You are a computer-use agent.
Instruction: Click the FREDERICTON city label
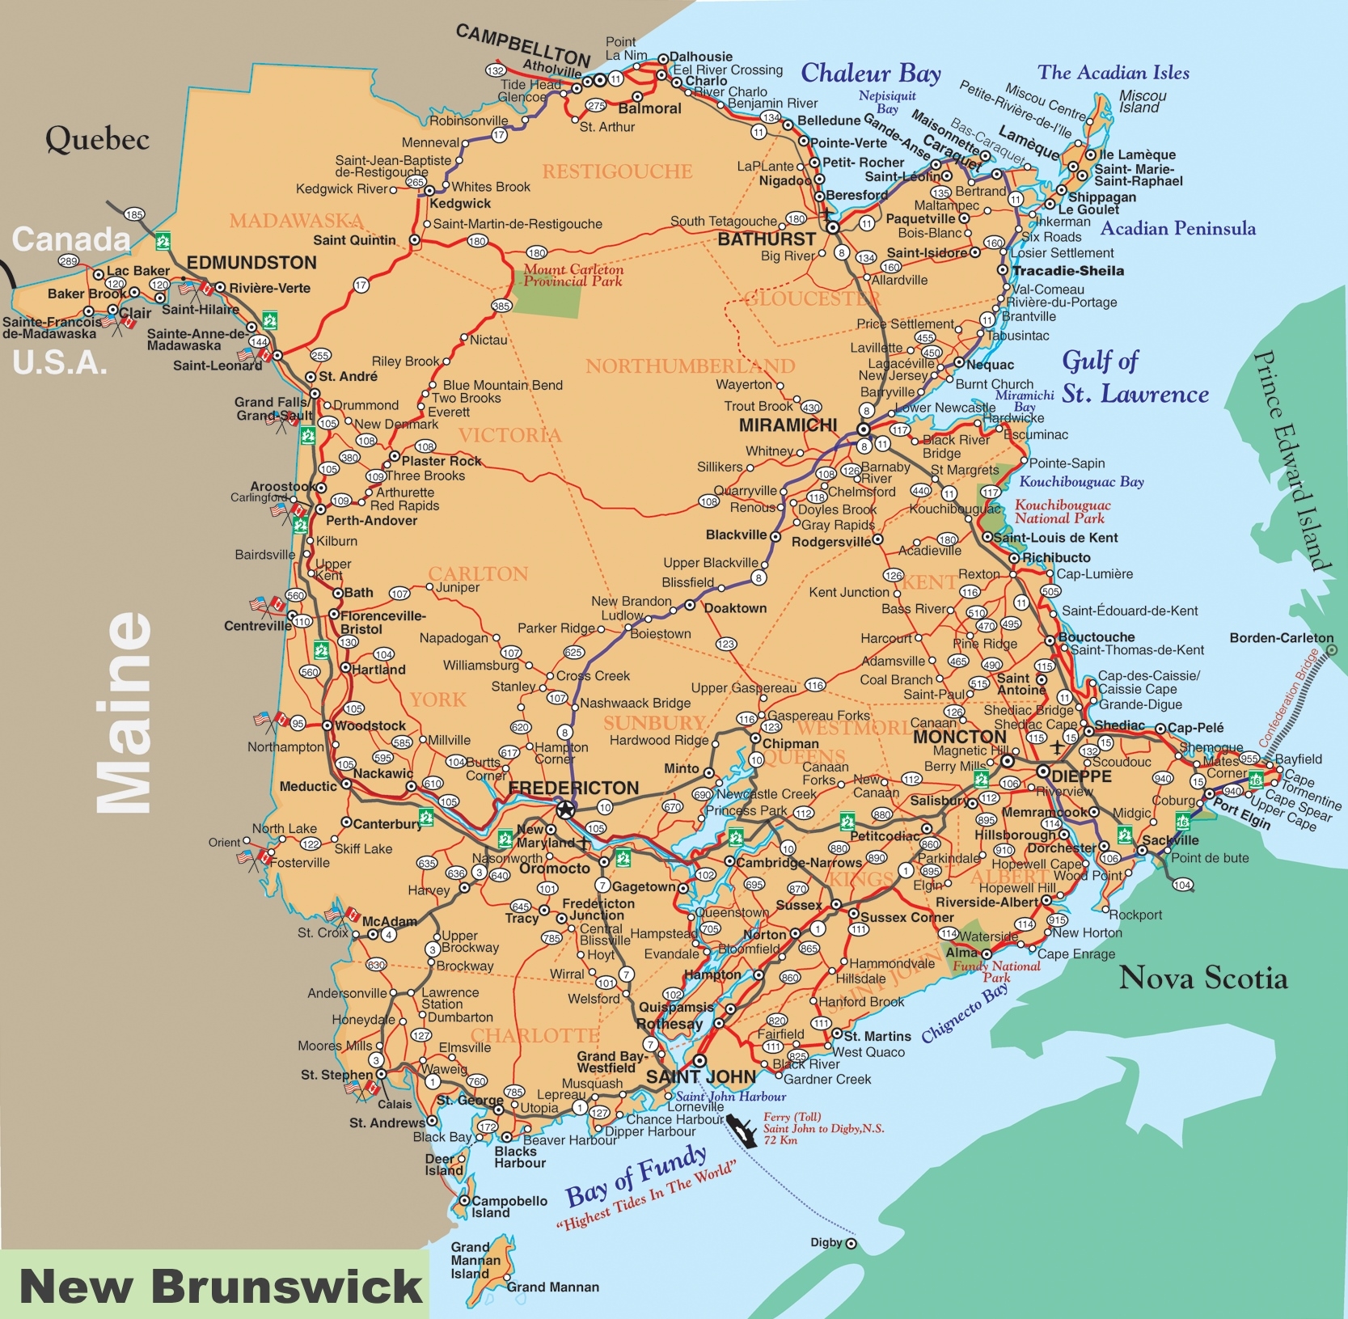click(x=573, y=788)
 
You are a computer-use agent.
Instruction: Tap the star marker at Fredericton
click(x=565, y=810)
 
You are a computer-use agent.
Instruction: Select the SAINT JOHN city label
click(x=700, y=1076)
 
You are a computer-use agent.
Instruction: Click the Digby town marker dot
click(x=851, y=1244)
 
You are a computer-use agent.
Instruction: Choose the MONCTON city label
click(x=959, y=737)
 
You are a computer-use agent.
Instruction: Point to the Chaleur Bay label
click(x=870, y=73)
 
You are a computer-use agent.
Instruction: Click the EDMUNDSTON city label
click(x=251, y=263)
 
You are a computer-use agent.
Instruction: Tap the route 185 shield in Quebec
click(x=134, y=214)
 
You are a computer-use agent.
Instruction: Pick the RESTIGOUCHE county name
click(x=617, y=171)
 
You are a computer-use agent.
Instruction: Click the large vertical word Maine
click(x=123, y=712)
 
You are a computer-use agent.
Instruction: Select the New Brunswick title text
click(x=220, y=1285)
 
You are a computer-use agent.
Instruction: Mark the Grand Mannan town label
click(x=552, y=1287)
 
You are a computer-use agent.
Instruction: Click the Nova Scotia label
click(x=1202, y=978)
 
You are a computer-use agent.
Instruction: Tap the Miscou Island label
click(x=1142, y=101)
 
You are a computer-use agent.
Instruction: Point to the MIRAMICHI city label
click(x=788, y=425)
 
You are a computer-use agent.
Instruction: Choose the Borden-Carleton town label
click(x=1281, y=638)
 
